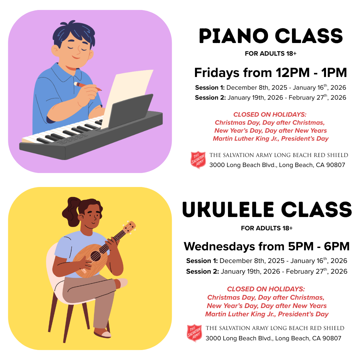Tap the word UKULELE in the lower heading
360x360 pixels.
pyautogui.click(x=228, y=209)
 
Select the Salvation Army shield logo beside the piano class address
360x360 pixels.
pyautogui.click(x=198, y=160)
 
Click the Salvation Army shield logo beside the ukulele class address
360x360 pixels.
pyautogui.click(x=194, y=333)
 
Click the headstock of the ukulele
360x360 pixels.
pyautogui.click(x=129, y=228)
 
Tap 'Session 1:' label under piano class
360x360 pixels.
pyautogui.click(x=210, y=88)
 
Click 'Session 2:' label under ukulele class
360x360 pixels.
pyautogui.click(x=203, y=272)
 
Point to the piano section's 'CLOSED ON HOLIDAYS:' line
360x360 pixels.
pyautogui.click(x=270, y=115)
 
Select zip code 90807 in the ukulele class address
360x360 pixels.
pyautogui.click(x=332, y=338)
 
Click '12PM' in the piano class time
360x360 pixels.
pyautogui.click(x=293, y=73)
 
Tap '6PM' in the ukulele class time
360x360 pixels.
pyautogui.click(x=337, y=247)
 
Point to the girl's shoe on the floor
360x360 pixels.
pyautogui.click(x=103, y=333)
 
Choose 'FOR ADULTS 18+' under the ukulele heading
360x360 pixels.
pyautogui.click(x=267, y=228)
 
